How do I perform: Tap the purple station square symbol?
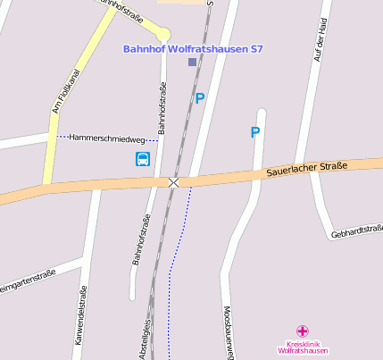point(192,62)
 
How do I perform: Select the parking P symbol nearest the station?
point(200,99)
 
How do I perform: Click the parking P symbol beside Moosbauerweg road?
point(255,132)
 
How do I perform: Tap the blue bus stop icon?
point(143,159)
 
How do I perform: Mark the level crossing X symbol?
point(174,182)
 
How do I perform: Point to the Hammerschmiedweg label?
point(106,138)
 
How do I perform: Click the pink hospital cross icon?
point(303,331)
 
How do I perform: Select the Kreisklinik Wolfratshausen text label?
point(303,347)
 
